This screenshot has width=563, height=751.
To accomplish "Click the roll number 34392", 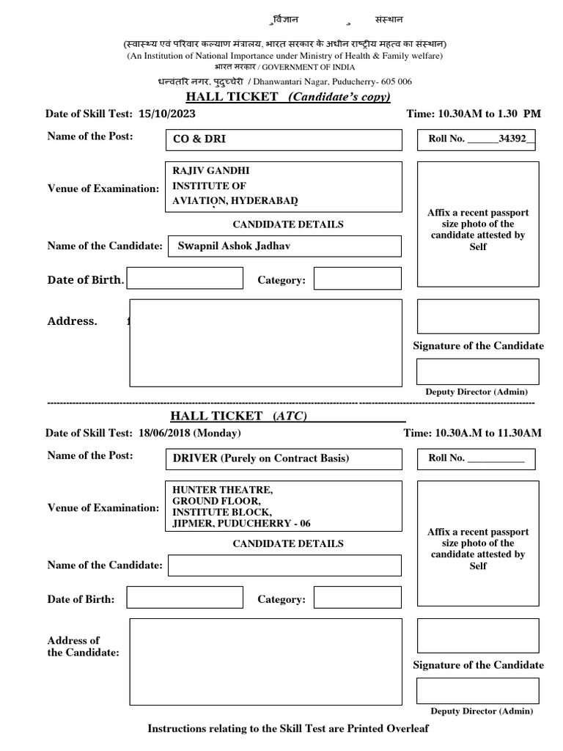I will coord(512,139).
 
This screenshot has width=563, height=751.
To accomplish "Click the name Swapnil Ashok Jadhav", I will coord(234,246).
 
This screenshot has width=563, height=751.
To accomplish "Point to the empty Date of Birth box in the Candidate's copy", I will coord(185,278).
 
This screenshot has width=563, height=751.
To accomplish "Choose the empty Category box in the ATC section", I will coord(357,598).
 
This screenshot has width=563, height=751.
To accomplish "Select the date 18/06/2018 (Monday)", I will coord(189,433).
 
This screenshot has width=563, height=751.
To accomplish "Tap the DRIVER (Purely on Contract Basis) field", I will coord(260,458).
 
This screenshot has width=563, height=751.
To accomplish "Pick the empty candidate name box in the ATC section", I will coord(284,565).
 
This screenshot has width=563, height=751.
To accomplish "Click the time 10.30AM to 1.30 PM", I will coord(489,114).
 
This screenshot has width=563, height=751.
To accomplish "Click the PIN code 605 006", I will coord(394,82).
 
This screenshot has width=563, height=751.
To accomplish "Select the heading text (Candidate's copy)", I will coord(339,97).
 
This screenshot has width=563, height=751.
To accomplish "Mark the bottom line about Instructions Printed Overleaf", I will coord(287,728).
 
